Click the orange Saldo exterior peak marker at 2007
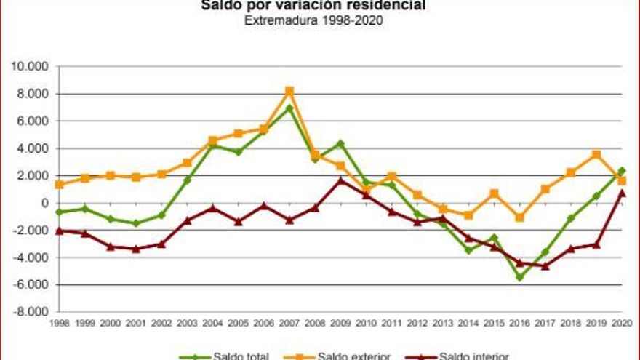click(x=289, y=91)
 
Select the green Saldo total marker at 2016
click(x=519, y=277)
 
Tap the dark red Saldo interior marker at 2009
click(x=340, y=180)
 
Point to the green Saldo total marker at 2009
click(x=340, y=143)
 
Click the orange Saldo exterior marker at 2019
click(x=596, y=154)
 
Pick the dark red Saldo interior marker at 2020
click(x=622, y=193)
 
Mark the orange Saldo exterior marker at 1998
click(x=59, y=185)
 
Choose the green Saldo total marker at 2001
click(x=136, y=223)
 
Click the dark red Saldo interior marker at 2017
click(x=545, y=266)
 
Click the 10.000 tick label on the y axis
click(x=28, y=67)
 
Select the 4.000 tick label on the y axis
click(x=31, y=148)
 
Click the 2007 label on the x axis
click(x=289, y=323)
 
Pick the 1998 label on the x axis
click(x=59, y=323)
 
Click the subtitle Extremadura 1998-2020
click(x=313, y=20)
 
